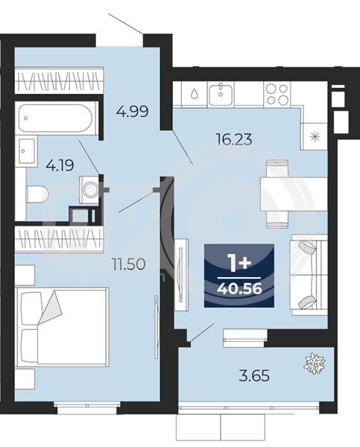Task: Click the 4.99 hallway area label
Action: [x=133, y=111]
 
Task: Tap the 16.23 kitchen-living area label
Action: [x=234, y=139]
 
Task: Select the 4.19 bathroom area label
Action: [x=60, y=165]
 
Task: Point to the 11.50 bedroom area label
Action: [x=128, y=264]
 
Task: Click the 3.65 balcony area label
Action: [x=254, y=375]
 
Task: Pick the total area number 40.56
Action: [x=239, y=289]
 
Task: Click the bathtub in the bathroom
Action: [x=56, y=118]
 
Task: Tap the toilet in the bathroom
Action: [x=37, y=194]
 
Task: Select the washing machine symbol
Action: [x=89, y=189]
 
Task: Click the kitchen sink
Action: [x=221, y=94]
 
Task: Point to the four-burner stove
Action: [x=277, y=95]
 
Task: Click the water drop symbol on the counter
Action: [x=194, y=94]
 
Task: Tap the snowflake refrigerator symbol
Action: [x=315, y=137]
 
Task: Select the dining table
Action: [x=294, y=194]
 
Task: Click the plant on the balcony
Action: [x=314, y=364]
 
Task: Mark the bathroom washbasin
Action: [x=27, y=150]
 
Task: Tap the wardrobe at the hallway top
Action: [x=59, y=80]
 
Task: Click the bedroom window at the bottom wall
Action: [x=87, y=405]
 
